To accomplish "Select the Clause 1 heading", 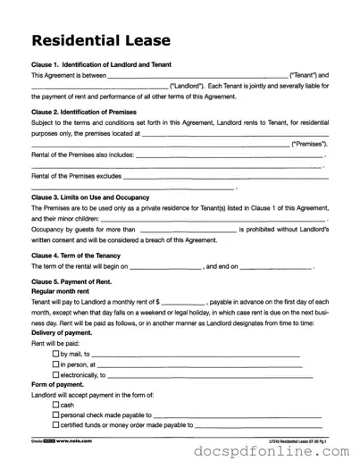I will tap(101, 65).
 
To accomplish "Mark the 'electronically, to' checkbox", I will tap(56, 375).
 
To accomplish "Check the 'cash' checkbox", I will tap(56, 405).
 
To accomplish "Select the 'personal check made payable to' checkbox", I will tap(56, 415).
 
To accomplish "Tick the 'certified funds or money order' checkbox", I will tap(56, 425).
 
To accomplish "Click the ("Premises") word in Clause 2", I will tap(308, 143).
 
